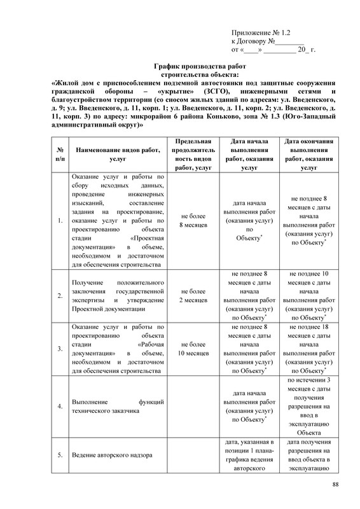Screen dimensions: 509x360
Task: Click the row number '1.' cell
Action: (59, 221)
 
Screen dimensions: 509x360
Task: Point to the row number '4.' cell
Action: (59, 405)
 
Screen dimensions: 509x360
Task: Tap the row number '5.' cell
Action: (59, 455)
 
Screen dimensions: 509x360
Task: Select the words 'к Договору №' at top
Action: (253, 41)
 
